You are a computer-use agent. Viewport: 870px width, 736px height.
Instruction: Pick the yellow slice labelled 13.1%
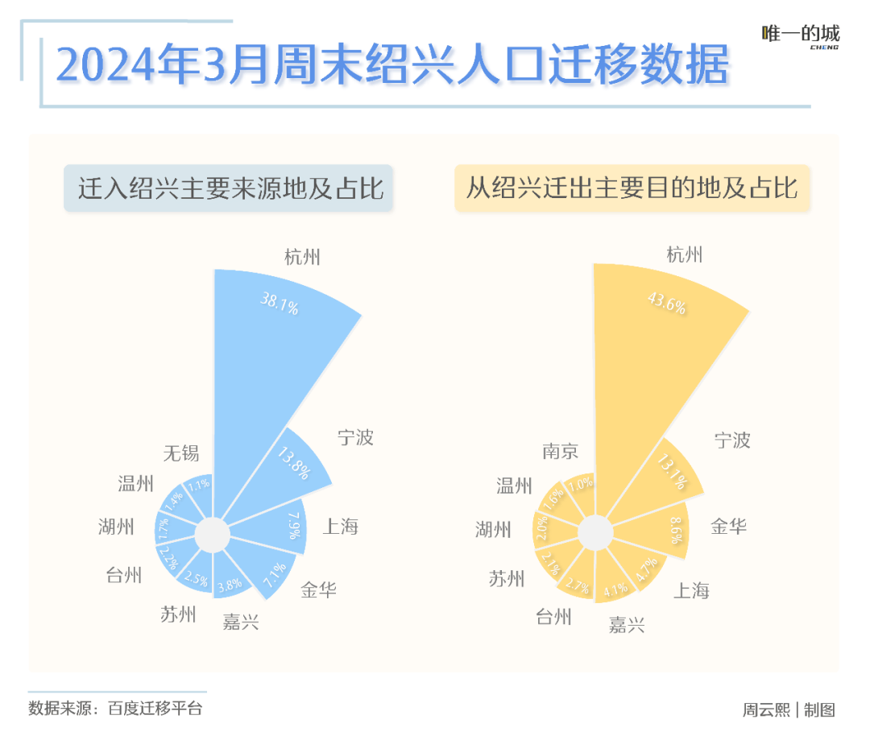tap(669, 471)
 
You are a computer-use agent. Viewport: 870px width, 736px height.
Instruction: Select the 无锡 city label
tap(181, 453)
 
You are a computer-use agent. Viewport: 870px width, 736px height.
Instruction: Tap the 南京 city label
tap(561, 451)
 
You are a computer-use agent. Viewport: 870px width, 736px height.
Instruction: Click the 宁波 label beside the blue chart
tap(356, 438)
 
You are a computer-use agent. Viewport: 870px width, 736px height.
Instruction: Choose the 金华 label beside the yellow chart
tap(729, 527)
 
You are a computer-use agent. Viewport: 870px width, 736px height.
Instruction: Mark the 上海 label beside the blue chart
tap(341, 527)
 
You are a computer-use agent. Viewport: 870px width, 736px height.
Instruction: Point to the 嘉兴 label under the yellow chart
tap(627, 625)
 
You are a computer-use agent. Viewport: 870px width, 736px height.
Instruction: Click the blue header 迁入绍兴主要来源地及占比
tap(228, 189)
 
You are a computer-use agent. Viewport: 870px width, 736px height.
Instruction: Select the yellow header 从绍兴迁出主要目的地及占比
tap(632, 189)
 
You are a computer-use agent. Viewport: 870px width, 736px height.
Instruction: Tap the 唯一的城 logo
tap(801, 35)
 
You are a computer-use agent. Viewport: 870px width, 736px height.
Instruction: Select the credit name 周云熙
tap(766, 710)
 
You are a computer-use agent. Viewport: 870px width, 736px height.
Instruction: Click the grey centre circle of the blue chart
tap(212, 535)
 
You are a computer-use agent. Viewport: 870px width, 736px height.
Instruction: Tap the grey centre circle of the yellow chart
tap(594, 533)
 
